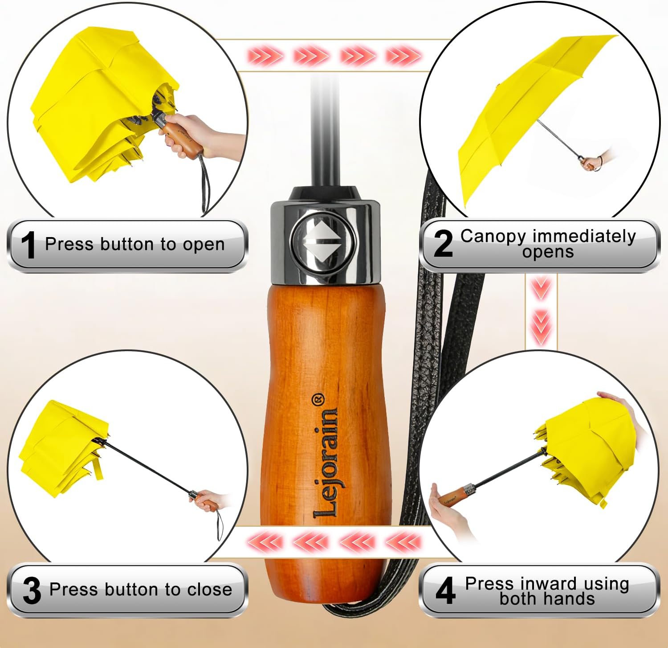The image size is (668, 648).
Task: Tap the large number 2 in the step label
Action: click(x=443, y=243)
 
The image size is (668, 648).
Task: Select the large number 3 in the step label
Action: click(x=32, y=590)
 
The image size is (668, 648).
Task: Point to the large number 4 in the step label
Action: click(x=445, y=590)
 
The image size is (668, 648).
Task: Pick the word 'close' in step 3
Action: click(x=210, y=590)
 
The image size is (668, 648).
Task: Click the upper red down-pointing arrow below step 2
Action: click(x=541, y=287)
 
